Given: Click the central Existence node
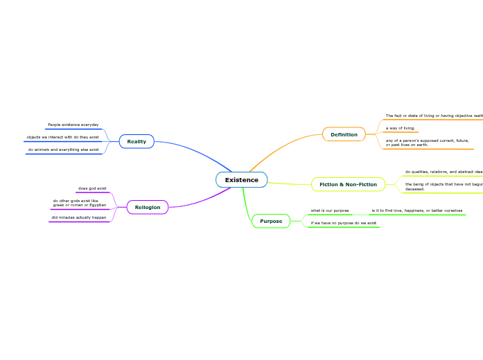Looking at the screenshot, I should click(x=241, y=180).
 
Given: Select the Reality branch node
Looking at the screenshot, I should click(x=137, y=141).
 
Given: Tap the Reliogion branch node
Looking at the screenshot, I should click(x=147, y=207).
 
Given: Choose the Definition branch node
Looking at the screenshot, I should click(x=344, y=134).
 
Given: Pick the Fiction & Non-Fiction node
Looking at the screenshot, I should click(x=348, y=184).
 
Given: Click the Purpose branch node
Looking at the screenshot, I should click(x=271, y=221).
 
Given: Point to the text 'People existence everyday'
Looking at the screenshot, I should click(x=73, y=125).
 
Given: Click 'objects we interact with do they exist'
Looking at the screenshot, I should click(x=62, y=137).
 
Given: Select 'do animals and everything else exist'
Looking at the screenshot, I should click(x=63, y=150).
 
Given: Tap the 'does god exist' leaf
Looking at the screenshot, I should click(x=92, y=188).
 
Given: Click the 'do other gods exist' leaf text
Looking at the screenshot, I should click(x=80, y=203).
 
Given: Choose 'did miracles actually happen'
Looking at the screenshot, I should click(x=78, y=217).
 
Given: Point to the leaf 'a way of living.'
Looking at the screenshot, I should click(x=401, y=128).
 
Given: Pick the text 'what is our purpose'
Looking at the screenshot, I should click(x=330, y=210).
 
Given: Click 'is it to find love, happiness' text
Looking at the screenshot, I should click(x=416, y=210).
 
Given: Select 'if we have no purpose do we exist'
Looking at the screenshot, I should click(x=343, y=223).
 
